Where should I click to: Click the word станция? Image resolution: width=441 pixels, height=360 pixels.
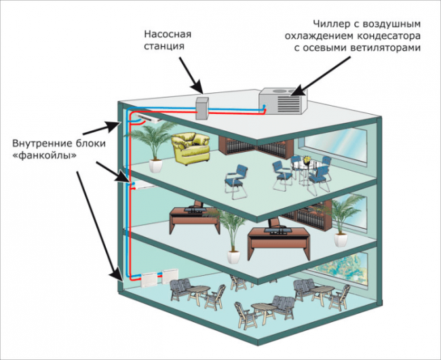(x=164, y=47)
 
